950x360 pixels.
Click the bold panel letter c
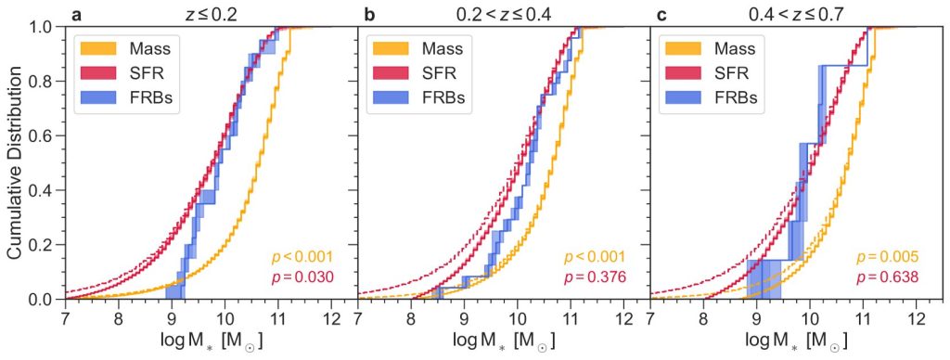662,13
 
